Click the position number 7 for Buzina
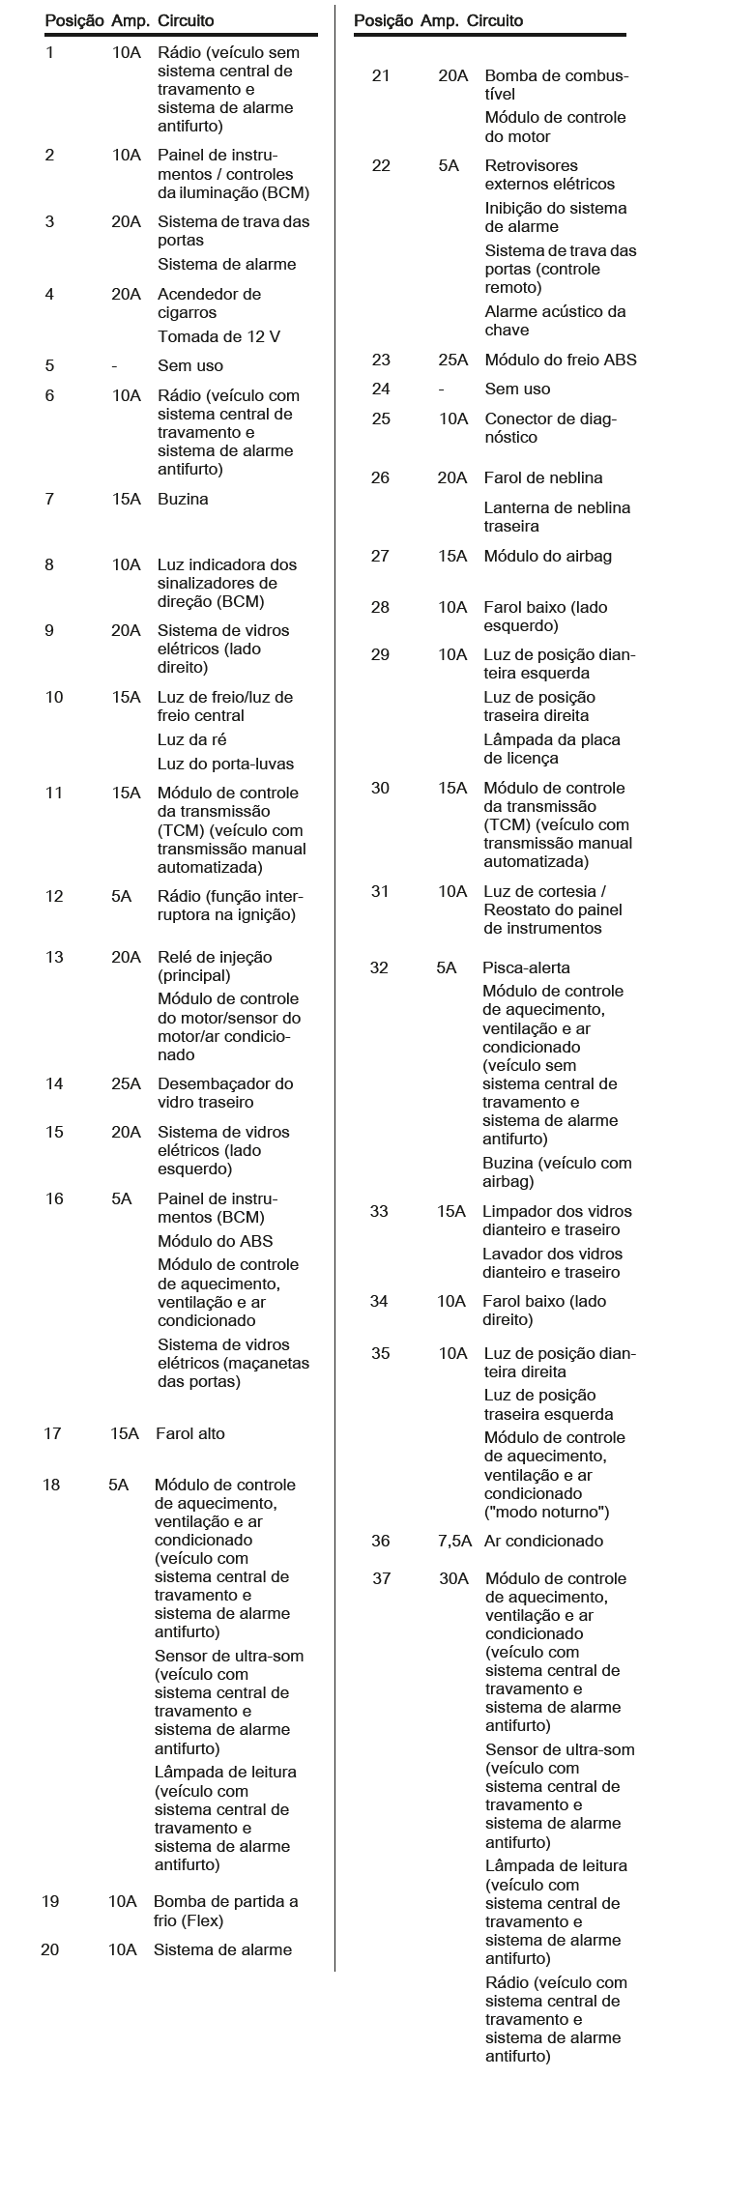(49, 499)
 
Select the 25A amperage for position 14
(126, 1083)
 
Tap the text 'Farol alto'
(189, 1433)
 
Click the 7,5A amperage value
(454, 1541)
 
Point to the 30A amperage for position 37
(453, 1578)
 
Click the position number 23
(381, 360)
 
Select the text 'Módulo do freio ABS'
(561, 360)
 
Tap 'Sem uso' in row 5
(190, 365)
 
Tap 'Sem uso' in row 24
(517, 389)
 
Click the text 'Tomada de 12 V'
(219, 336)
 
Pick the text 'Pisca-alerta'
(526, 967)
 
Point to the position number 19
(50, 1901)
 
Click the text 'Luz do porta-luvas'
(225, 764)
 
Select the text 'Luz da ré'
(191, 739)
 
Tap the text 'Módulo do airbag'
(548, 556)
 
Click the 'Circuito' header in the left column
(186, 20)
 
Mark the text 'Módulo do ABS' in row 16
(215, 1241)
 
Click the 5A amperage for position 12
(121, 896)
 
